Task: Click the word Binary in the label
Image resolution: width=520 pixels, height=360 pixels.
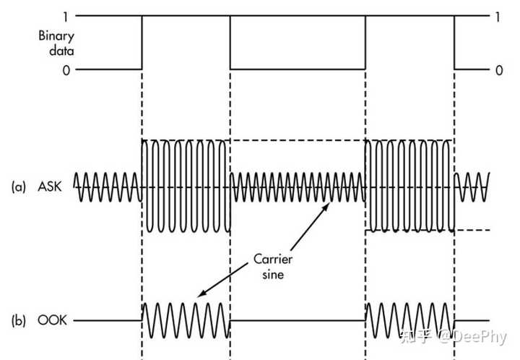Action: click(56, 36)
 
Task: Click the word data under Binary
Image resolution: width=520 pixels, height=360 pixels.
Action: click(61, 51)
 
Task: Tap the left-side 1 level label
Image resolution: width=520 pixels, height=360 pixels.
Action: click(66, 17)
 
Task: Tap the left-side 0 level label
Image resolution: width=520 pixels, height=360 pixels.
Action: click(66, 70)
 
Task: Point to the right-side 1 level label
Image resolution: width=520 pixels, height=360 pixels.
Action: click(498, 17)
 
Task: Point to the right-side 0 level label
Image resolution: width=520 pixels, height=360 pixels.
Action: click(499, 70)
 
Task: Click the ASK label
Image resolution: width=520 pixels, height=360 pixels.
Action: click(50, 187)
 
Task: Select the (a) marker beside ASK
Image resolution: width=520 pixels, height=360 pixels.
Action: click(19, 187)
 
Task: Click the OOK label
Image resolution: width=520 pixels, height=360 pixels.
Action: click(52, 320)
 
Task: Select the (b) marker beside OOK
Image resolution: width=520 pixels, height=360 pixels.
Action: click(19, 320)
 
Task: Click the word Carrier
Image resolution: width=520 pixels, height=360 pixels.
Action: click(273, 259)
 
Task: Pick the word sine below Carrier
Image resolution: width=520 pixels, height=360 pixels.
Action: click(273, 275)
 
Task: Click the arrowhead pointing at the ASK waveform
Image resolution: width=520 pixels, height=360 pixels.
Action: click(326, 206)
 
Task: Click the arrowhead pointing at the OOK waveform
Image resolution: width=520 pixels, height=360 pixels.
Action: click(201, 293)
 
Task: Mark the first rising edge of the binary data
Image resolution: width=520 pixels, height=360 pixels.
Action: click(142, 43)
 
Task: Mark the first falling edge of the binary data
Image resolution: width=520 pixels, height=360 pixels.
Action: click(230, 43)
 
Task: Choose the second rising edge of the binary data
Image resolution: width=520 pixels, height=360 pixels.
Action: click(365, 43)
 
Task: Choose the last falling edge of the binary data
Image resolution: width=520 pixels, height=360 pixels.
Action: click(454, 43)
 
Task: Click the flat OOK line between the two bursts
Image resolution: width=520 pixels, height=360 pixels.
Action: click(298, 320)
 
